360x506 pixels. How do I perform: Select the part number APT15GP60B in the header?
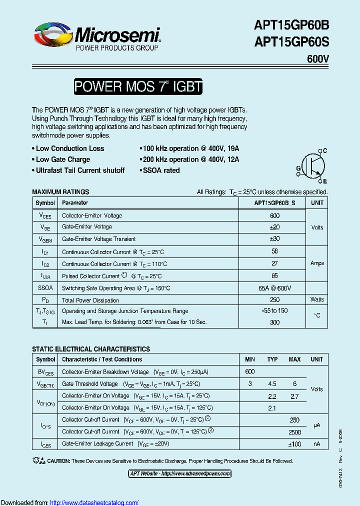pos(291,24)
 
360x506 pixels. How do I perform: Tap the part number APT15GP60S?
pos(291,42)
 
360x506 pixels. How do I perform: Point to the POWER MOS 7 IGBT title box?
pos(138,87)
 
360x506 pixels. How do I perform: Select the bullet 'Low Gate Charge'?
pos(63,159)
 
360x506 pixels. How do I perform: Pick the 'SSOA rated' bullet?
pos(161,170)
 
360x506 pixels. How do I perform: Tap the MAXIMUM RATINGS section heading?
pos(60,192)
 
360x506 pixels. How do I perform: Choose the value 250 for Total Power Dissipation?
pos(274,300)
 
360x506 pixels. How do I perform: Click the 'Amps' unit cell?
pos(317,263)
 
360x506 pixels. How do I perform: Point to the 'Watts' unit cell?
pos(317,300)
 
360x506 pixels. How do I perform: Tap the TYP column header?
pos(272,359)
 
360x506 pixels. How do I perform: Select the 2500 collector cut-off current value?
pos(294,432)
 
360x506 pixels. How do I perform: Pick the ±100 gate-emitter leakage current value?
pos(294,444)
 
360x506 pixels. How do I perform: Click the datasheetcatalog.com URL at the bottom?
pos(94,502)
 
